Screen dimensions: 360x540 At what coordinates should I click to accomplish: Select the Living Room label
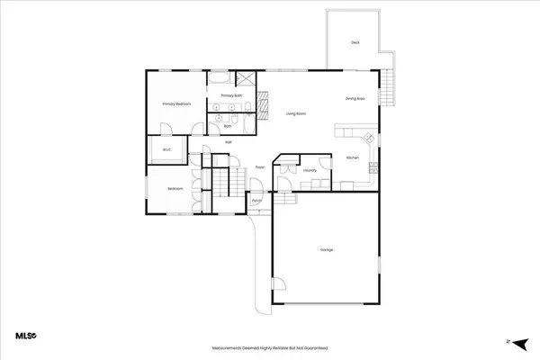coord(298,113)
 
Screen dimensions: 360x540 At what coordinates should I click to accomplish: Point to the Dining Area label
coord(355,98)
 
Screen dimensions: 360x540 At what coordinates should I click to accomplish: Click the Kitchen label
coord(353,157)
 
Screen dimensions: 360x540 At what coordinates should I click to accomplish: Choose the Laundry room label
coord(309,169)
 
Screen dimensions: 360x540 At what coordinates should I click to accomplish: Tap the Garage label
coord(325,249)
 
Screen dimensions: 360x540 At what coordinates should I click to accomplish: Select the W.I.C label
coord(166,150)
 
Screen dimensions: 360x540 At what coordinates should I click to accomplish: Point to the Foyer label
coord(259,166)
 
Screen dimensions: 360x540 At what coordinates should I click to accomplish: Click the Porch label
coord(256,201)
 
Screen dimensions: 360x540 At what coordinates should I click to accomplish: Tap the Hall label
coord(229,142)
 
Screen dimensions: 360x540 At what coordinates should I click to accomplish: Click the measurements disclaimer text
coord(269,347)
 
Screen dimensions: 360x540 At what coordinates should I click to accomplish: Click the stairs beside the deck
coord(388,89)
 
